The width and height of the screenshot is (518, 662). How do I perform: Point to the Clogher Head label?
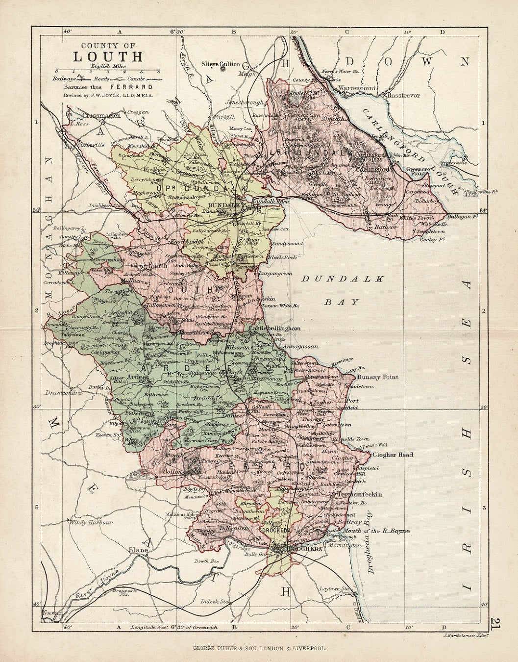[x=393, y=455]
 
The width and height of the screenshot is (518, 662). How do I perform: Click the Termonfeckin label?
[x=357, y=494]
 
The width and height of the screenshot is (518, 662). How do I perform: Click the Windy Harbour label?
[x=91, y=523]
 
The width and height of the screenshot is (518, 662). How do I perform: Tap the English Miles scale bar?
[x=108, y=71]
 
